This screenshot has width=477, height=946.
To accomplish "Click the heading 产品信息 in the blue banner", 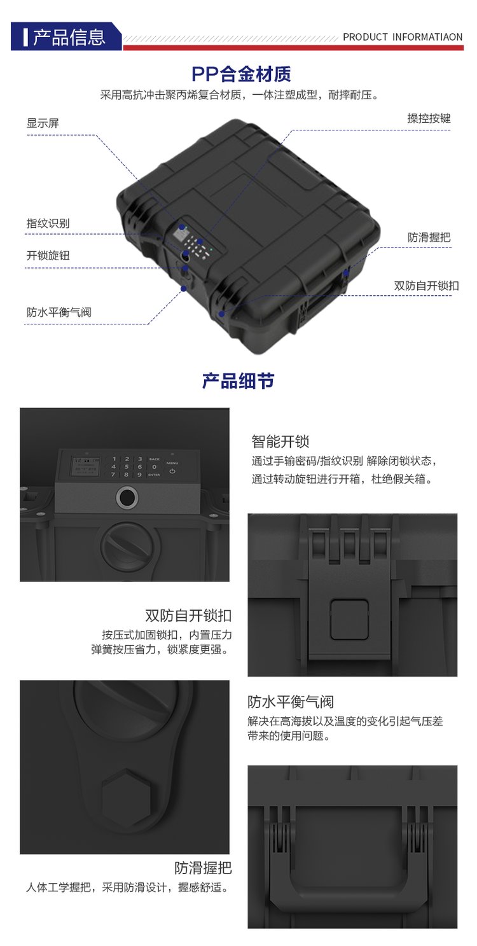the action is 69,37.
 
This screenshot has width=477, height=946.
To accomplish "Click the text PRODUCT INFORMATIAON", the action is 403,37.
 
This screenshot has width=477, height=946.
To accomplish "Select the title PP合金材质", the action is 241,74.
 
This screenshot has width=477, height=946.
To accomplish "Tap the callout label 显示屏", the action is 43,123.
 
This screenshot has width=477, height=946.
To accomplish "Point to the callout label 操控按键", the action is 429,118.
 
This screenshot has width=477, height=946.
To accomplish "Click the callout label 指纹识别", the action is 48,223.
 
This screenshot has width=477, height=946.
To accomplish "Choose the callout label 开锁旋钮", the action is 48,256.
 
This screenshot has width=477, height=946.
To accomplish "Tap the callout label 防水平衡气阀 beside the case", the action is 59,312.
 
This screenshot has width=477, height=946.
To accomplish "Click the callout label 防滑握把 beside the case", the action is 429,237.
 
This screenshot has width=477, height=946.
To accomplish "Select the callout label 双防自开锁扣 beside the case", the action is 426,286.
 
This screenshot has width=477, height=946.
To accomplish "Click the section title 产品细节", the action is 238,381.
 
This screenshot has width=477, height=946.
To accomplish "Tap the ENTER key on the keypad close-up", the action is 154,475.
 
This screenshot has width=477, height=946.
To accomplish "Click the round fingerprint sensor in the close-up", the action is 126,497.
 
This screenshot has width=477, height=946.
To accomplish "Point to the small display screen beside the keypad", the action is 86,467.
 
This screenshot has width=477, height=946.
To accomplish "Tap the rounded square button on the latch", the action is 349,620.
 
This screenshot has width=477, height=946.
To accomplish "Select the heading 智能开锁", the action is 280,442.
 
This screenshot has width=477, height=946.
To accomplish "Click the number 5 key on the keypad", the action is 127,467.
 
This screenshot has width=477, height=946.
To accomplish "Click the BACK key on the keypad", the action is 154,459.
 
